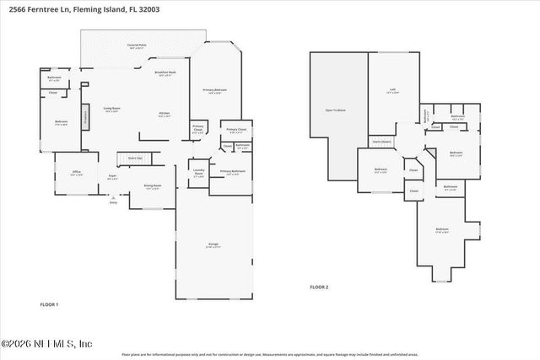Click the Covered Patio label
135,46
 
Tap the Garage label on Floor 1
214,245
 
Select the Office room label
76,173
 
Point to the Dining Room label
152,186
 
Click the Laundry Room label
198,175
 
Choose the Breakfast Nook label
165,73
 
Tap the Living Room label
111,110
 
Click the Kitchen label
165,114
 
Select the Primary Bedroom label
213,91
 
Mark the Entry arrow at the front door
113,201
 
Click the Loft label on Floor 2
392,90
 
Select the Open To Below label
335,110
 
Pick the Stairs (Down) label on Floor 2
381,142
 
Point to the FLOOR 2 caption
319,287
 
